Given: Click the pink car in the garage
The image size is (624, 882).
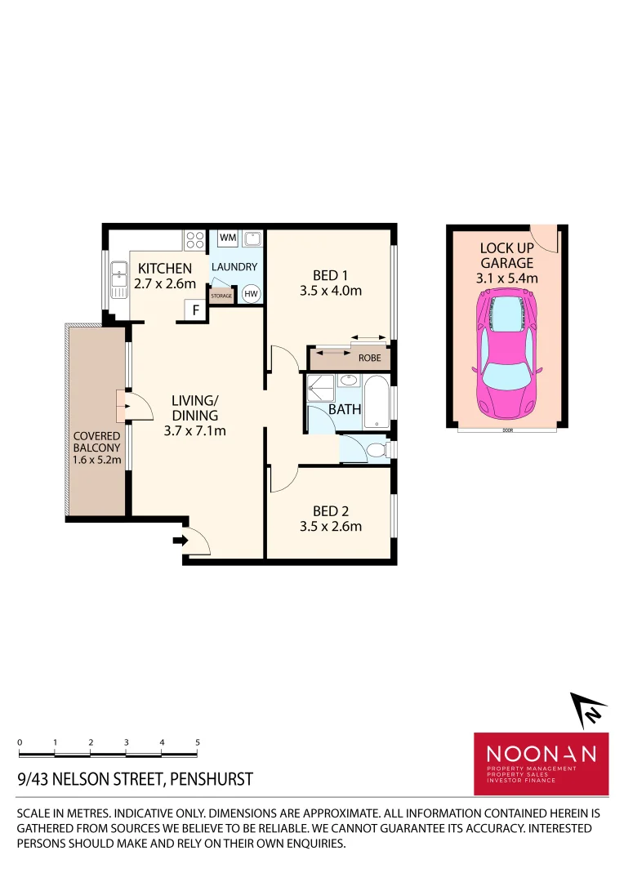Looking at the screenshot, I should [x=506, y=353].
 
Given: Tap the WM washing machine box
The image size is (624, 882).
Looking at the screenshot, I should [x=228, y=238].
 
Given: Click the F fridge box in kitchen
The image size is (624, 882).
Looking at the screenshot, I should [x=195, y=310].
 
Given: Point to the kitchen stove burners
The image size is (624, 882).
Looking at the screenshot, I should [x=195, y=239].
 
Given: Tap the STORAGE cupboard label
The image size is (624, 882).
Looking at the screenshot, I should [x=221, y=296].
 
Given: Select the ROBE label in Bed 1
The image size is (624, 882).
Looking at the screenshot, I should [x=369, y=358].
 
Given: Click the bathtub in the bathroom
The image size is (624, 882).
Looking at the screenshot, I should [x=377, y=402].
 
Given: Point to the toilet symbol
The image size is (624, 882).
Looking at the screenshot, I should [x=375, y=449].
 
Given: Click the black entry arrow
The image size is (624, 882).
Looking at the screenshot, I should [x=178, y=539].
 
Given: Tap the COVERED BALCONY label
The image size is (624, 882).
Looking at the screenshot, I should [x=97, y=442].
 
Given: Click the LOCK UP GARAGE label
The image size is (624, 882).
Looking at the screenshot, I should [x=506, y=255].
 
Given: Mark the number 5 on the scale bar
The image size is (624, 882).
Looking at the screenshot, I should [x=198, y=742].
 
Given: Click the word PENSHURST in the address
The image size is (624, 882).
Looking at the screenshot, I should [x=210, y=779].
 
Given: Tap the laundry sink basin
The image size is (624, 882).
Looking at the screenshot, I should [x=252, y=239].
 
